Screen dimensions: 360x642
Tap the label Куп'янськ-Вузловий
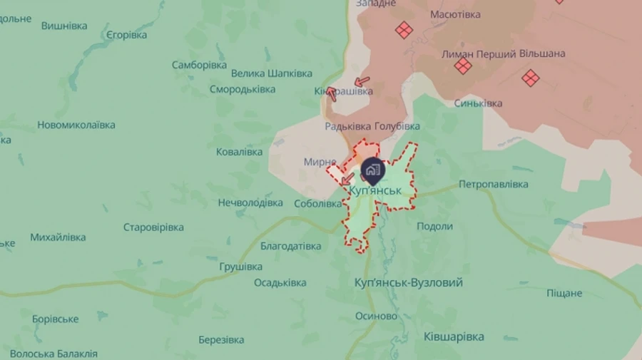point(408,283)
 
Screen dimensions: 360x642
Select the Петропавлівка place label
point(493,184)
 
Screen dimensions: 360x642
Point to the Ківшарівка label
point(454,336)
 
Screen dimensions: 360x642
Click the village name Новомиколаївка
point(76,125)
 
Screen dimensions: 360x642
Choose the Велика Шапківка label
point(272,73)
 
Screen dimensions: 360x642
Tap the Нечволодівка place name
point(250,202)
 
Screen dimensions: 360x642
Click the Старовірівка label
point(153,227)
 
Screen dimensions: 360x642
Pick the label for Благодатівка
point(290,246)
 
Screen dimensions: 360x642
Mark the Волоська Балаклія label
point(53,354)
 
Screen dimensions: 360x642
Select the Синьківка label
point(478,103)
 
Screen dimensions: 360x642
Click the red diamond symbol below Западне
point(404,30)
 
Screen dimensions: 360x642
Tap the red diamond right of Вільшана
point(530,78)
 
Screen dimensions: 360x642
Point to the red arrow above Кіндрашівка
point(362,81)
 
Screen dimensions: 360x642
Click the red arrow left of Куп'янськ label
point(347,178)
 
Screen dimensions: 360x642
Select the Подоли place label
point(434,226)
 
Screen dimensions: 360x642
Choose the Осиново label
point(376,316)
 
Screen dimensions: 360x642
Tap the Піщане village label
point(564,293)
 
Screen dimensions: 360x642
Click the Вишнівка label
point(64,26)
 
